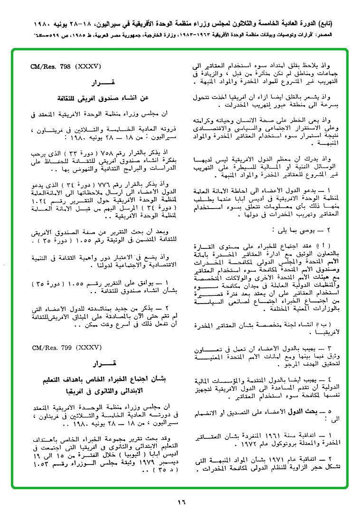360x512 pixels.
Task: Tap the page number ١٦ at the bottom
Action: point(181,502)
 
